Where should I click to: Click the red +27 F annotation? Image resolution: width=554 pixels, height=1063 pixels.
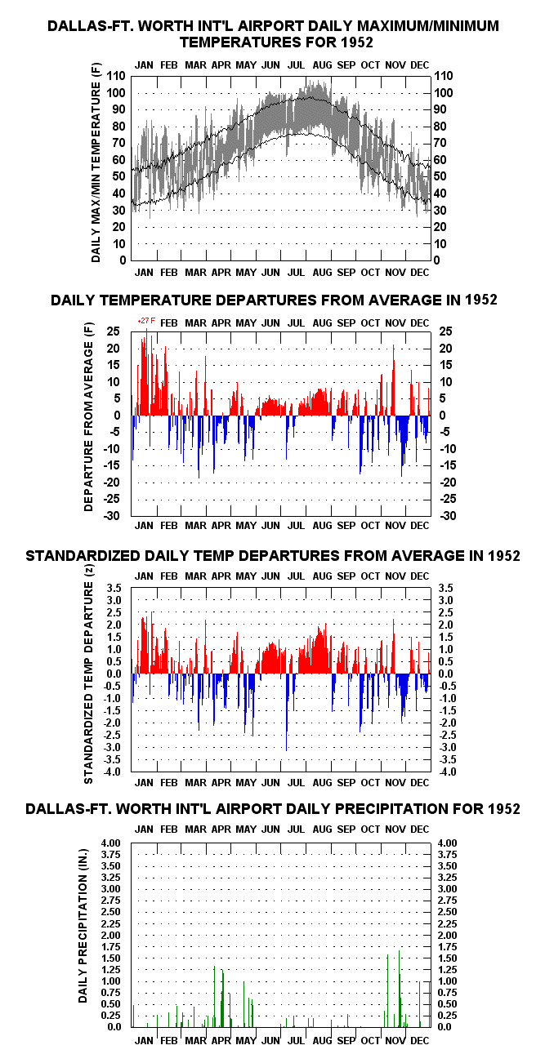click(x=146, y=322)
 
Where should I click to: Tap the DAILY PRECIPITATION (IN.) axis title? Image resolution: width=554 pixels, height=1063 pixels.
click(x=83, y=925)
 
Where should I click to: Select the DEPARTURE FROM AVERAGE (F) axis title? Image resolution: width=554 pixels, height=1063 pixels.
click(x=88, y=416)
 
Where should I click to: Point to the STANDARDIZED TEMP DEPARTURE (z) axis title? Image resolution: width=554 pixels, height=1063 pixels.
click(x=88, y=674)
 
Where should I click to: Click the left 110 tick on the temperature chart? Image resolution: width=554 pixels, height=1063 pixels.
click(x=116, y=76)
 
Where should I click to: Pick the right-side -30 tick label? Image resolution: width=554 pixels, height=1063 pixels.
click(x=448, y=516)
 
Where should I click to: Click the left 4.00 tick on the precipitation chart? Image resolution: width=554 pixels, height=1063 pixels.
click(x=110, y=843)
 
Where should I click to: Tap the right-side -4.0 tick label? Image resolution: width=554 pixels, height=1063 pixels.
click(x=448, y=772)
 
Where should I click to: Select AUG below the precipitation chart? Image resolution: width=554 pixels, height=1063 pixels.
click(x=322, y=1041)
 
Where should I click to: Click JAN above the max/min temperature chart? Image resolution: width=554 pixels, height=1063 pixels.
click(x=144, y=65)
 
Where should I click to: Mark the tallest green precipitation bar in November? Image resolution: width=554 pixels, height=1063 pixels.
click(x=399, y=989)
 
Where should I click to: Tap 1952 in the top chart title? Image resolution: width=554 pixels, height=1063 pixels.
click(x=357, y=42)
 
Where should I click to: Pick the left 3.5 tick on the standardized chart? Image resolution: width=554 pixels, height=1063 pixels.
click(x=114, y=588)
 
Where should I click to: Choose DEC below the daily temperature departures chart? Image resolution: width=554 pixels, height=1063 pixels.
click(x=419, y=525)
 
